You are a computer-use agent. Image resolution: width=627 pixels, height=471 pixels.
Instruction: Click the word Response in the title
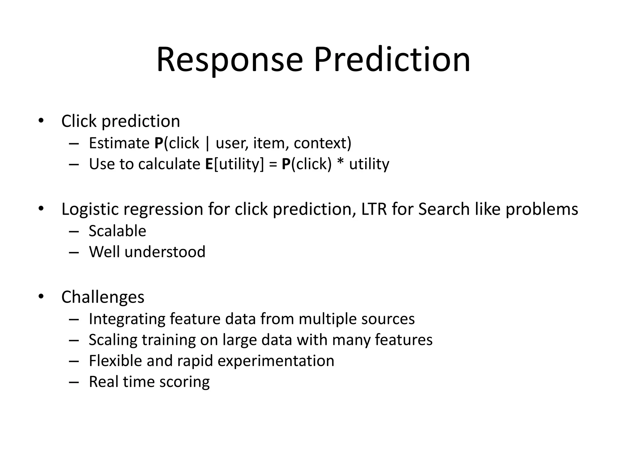tap(230, 60)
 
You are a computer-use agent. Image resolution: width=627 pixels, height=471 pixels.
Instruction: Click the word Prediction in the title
tap(392, 60)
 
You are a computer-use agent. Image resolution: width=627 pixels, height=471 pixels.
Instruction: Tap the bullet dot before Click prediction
tap(41, 121)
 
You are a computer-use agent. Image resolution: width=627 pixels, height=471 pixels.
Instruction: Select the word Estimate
tap(119, 143)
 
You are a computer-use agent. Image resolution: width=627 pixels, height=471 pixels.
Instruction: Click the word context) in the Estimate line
tap(322, 143)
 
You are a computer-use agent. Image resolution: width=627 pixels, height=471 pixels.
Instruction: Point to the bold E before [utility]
tap(209, 164)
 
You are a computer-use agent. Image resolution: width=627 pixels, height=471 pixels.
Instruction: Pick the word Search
tap(444, 209)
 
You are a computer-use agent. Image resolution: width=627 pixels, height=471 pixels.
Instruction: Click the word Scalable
tap(117, 231)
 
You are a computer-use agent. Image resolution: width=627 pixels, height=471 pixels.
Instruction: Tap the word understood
tap(165, 252)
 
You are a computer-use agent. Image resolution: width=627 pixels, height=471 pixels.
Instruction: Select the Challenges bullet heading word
tap(103, 297)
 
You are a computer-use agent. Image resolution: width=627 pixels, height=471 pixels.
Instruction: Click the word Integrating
tap(127, 319)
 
